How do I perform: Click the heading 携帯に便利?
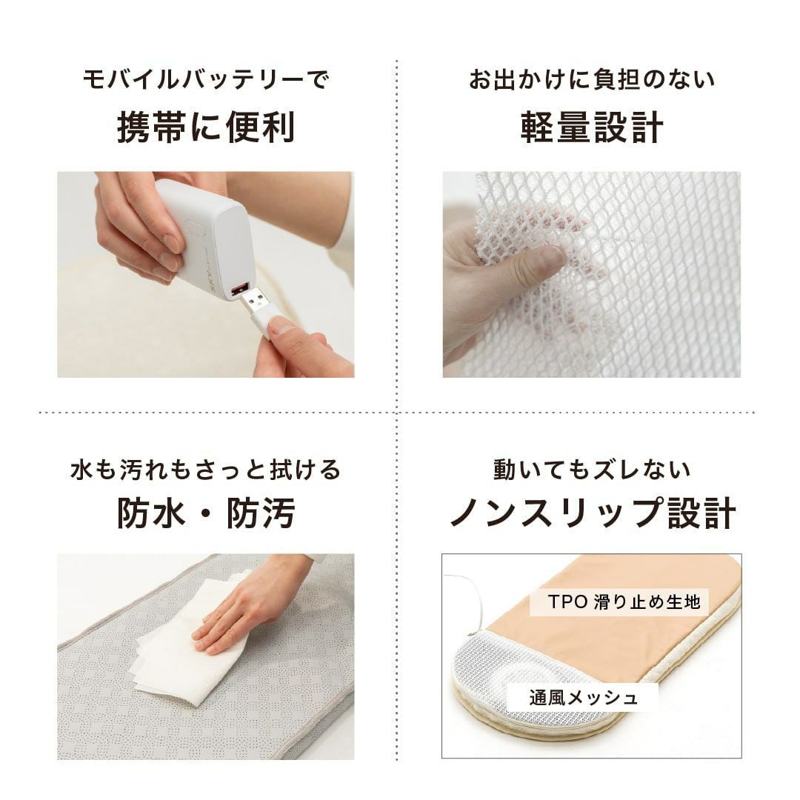tap(206, 127)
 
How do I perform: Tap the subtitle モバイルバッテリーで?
tap(206, 79)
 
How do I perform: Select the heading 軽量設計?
tap(592, 127)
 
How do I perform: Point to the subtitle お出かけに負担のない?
tap(592, 79)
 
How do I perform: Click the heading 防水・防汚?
tap(206, 513)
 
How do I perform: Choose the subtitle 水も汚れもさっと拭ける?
tap(206, 470)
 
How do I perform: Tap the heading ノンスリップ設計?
tap(592, 513)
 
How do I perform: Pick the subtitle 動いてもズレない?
tap(592, 470)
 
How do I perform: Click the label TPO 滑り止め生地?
tap(624, 602)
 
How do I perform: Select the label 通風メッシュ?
tap(583, 697)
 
